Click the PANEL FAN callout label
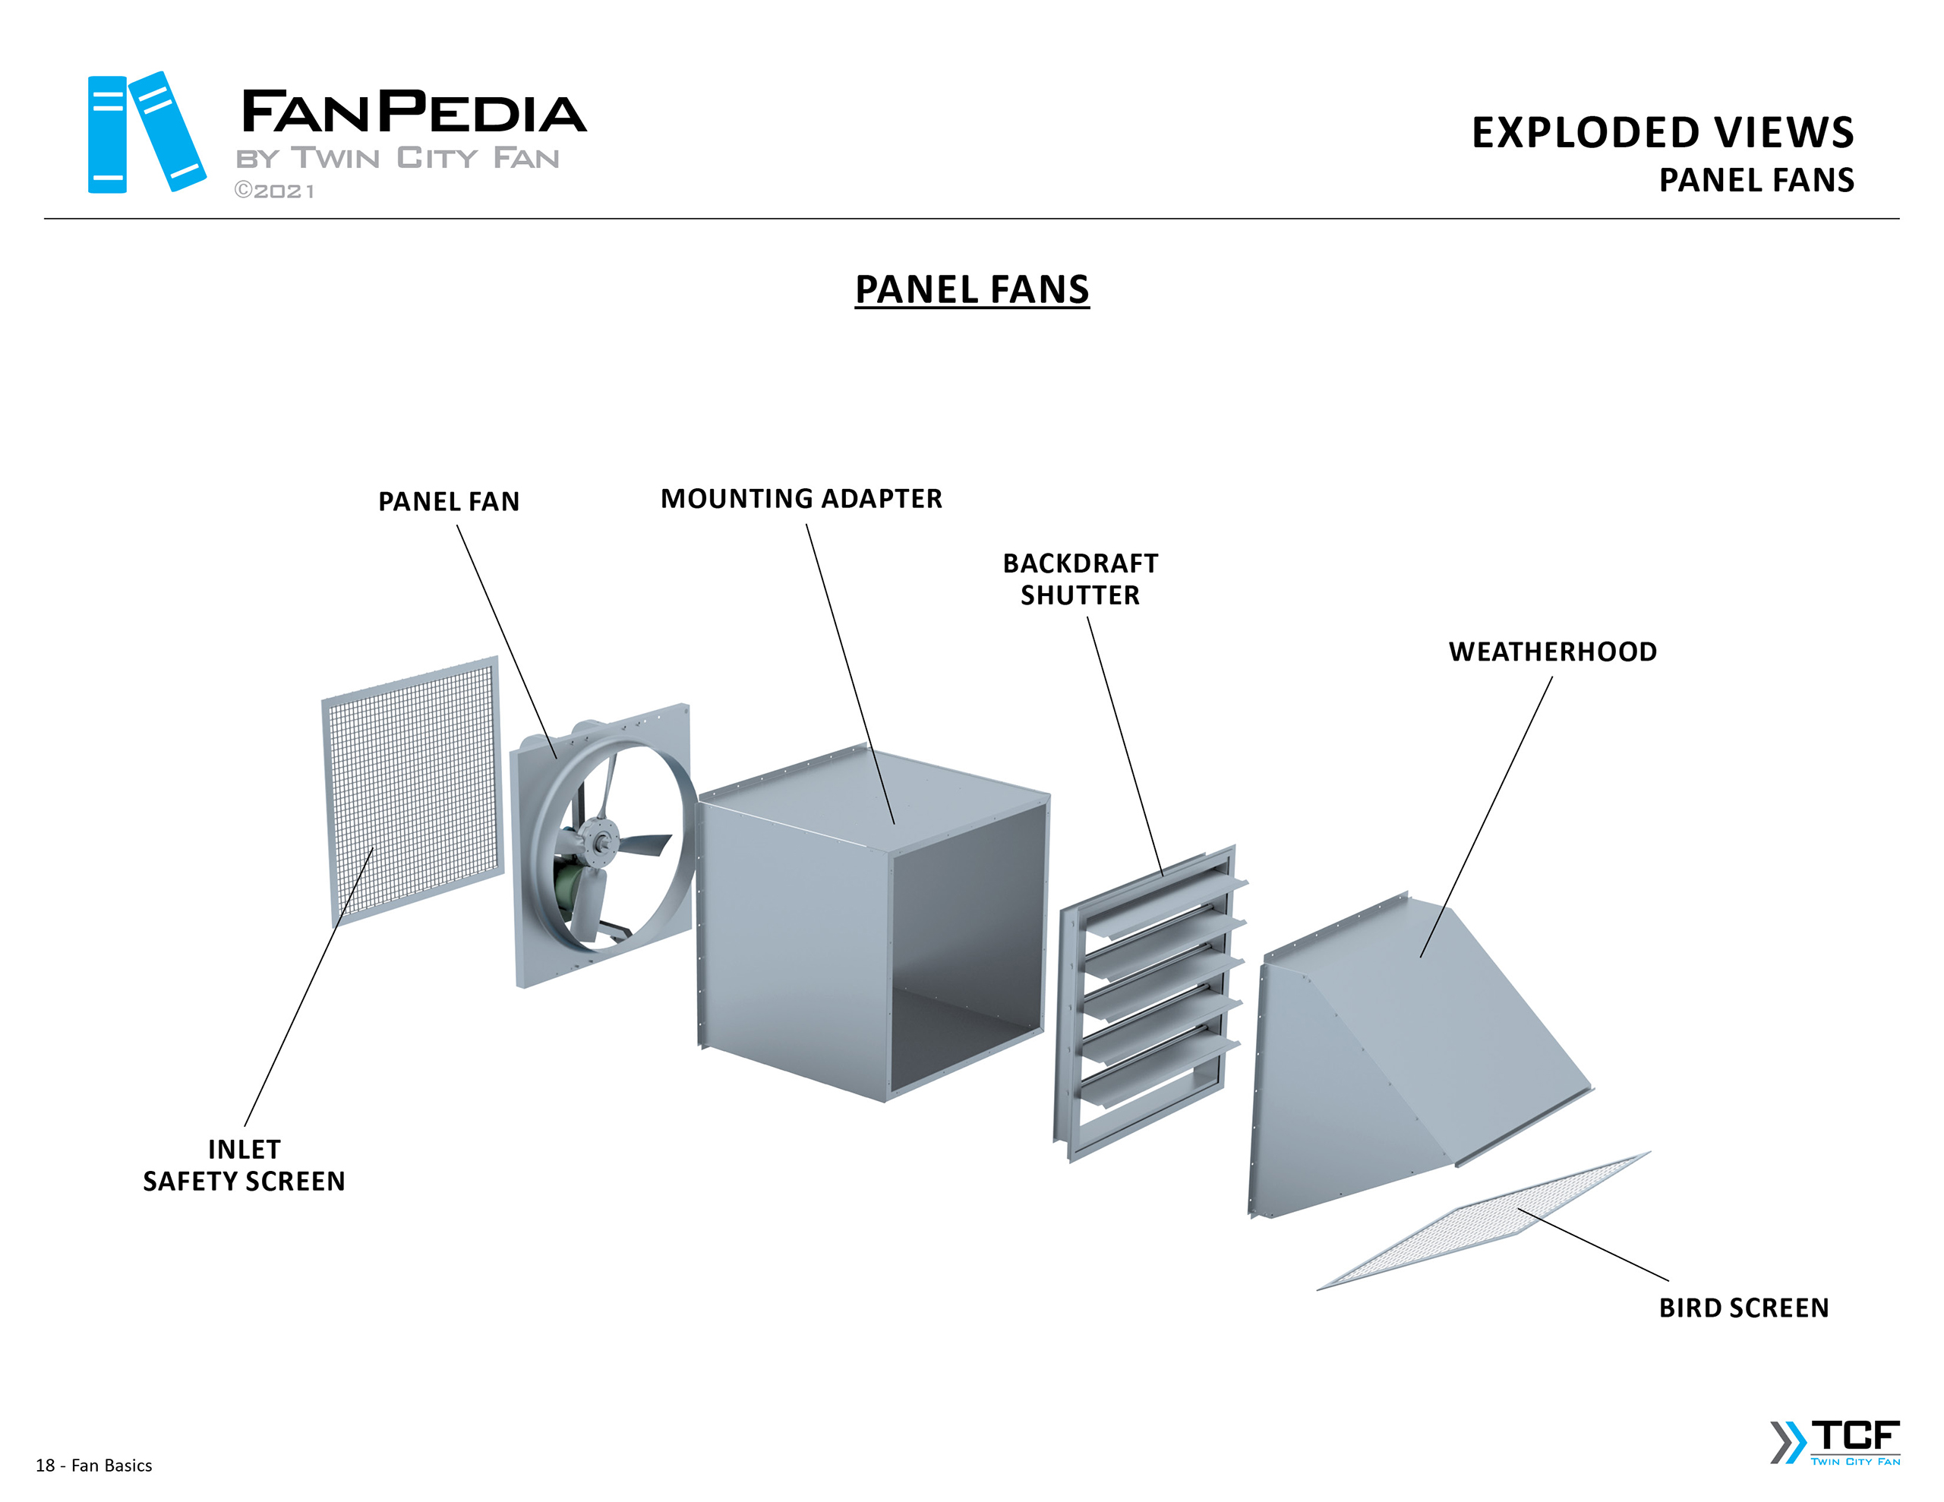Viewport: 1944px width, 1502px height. coord(449,501)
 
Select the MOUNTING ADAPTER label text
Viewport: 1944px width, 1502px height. coord(801,499)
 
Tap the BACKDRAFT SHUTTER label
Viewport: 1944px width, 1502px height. coord(1080,579)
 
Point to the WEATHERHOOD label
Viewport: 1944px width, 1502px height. coord(1552,652)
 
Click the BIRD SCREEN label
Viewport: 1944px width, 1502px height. coord(1743,1308)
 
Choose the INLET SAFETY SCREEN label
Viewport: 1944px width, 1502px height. coord(244,1165)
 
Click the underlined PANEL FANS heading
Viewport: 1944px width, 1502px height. coord(972,289)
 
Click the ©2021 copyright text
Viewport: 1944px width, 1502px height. coord(274,191)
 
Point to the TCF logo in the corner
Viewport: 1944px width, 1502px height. coord(1836,1442)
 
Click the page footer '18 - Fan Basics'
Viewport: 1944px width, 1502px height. coord(93,1466)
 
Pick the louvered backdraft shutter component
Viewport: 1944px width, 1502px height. coord(1148,1002)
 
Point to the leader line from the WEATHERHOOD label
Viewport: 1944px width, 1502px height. coord(1487,816)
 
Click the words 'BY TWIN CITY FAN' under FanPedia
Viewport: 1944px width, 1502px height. coord(397,159)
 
